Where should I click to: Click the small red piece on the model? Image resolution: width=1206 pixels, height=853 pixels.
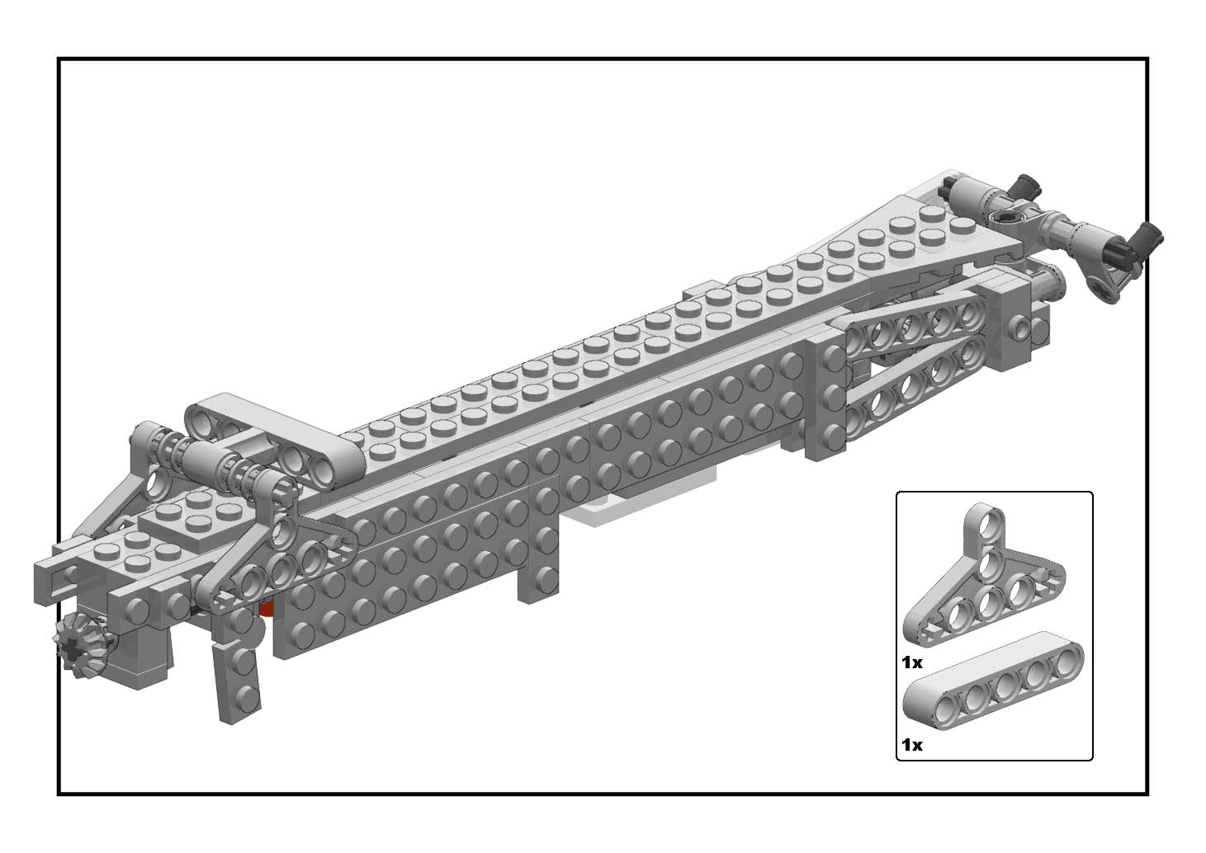pyautogui.click(x=266, y=609)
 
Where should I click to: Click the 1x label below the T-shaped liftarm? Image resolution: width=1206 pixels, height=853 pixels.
pyautogui.click(x=912, y=662)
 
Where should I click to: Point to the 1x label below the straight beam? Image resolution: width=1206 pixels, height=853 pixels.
pyautogui.click(x=912, y=745)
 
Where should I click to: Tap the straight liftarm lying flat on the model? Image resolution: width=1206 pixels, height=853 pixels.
pyautogui.click(x=275, y=439)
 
